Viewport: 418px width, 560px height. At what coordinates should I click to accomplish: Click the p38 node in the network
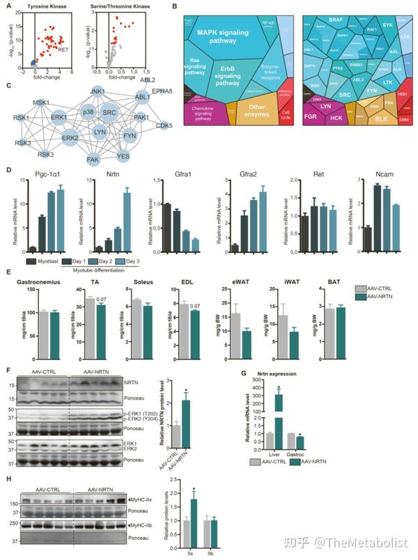(88, 112)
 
